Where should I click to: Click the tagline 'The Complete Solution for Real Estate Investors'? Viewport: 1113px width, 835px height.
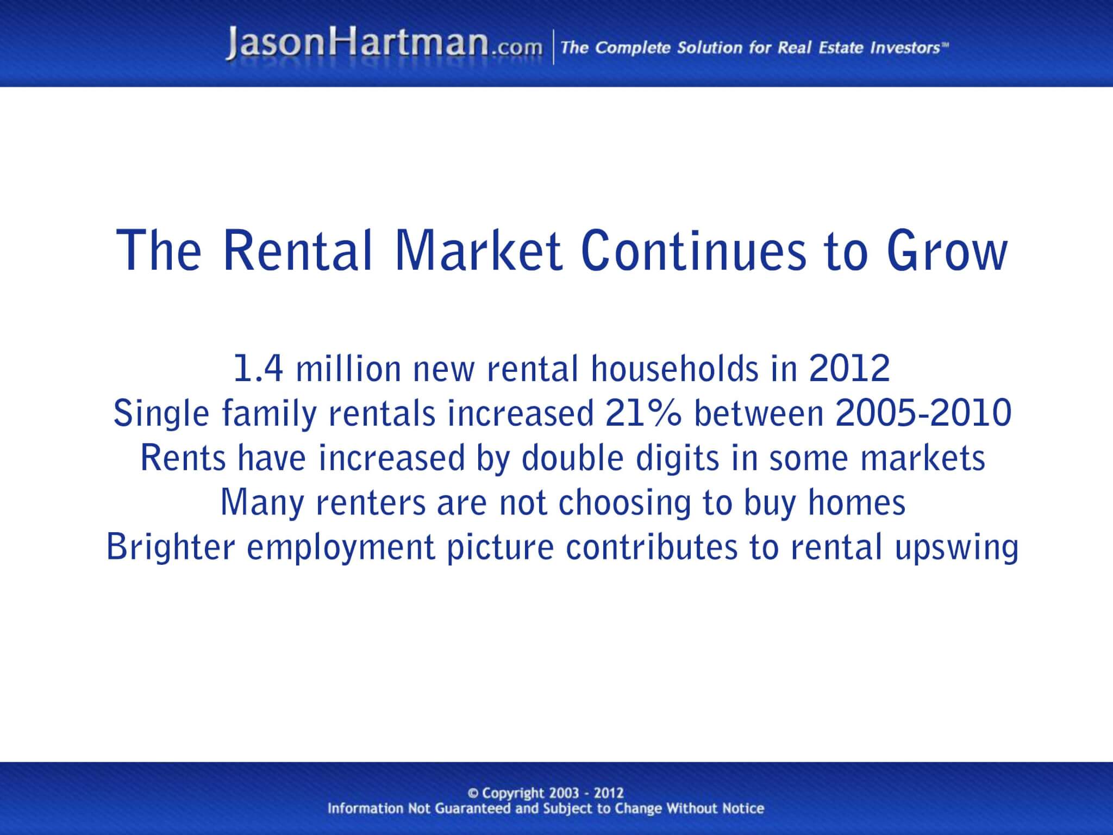pos(754,48)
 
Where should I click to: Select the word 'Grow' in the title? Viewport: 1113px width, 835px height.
pos(947,251)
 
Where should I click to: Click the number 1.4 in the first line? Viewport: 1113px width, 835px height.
pos(258,368)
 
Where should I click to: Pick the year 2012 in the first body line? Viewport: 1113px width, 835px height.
pos(849,368)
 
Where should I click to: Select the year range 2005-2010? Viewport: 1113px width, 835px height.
pos(923,413)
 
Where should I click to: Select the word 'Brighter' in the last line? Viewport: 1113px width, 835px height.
pos(170,547)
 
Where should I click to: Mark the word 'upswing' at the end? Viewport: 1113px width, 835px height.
pos(956,548)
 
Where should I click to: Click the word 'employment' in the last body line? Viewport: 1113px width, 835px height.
pos(341,548)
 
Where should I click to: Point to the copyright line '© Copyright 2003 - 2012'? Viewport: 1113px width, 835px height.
pos(545,793)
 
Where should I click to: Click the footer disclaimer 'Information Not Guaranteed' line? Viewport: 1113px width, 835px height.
pos(545,808)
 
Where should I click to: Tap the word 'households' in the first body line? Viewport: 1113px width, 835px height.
pos(674,368)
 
